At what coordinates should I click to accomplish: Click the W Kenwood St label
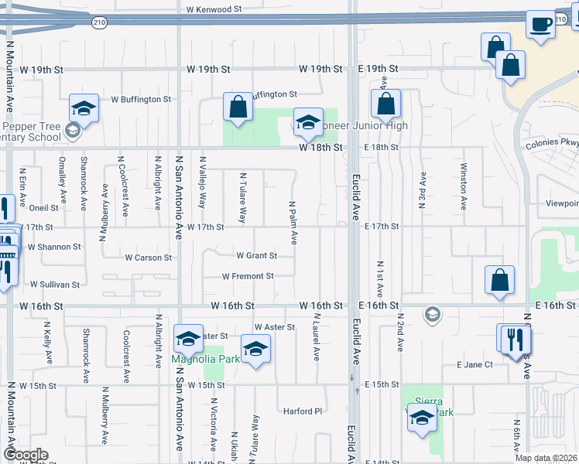coord(214,9)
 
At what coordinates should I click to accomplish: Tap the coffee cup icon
coord(540,24)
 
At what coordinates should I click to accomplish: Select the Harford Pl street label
coord(302,411)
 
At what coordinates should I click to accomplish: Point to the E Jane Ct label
coord(475,364)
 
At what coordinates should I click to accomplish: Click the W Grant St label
coord(256,255)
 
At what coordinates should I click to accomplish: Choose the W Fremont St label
coord(248,276)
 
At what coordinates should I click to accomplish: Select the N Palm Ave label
coord(293,223)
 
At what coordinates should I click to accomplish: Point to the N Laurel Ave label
coord(317,336)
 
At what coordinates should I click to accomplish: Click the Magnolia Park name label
coord(196,360)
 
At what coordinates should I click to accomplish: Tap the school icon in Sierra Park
coord(421,418)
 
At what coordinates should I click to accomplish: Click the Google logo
coord(25,455)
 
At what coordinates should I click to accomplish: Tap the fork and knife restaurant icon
coord(513,338)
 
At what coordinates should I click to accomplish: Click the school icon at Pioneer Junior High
coord(308,122)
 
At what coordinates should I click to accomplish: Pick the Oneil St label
coord(43,208)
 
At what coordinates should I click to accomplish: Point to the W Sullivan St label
coord(54,285)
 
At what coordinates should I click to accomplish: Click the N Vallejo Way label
coord(203,189)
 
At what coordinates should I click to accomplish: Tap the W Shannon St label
coord(54,247)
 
